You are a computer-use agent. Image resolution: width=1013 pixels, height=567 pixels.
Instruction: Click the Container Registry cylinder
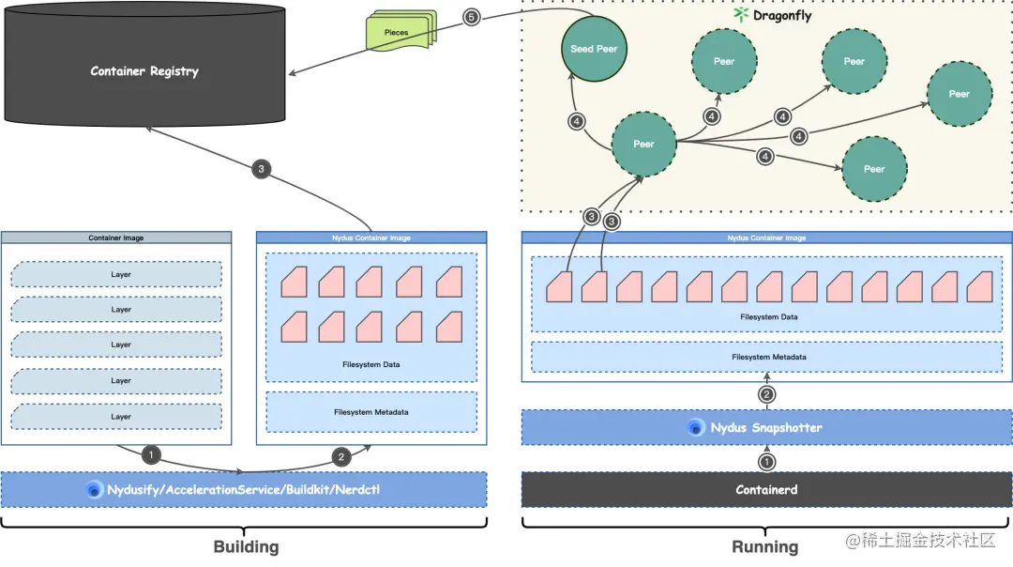(144, 71)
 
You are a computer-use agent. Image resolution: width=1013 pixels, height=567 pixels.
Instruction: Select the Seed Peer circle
(594, 48)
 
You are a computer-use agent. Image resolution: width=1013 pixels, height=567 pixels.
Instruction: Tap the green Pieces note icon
(399, 32)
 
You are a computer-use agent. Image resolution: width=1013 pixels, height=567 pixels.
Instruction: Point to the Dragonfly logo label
(773, 15)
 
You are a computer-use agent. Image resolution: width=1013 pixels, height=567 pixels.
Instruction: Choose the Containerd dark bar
(766, 489)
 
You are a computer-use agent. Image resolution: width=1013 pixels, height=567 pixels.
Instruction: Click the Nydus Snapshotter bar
(766, 427)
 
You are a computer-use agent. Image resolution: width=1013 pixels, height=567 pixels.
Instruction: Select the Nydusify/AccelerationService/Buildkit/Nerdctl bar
(244, 489)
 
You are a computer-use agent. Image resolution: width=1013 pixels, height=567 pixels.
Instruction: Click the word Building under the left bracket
(246, 546)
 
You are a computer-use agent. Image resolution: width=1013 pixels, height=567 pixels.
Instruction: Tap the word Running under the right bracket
(764, 546)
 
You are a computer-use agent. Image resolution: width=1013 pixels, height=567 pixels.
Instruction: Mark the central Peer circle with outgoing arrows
(643, 144)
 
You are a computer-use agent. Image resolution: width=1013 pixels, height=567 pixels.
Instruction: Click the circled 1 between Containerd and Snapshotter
(766, 461)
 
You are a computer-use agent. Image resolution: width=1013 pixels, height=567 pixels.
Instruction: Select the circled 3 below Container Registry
(262, 170)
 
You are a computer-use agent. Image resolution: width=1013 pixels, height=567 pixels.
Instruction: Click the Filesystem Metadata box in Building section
(370, 412)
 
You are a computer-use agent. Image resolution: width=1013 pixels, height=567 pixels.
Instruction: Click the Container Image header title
(116, 238)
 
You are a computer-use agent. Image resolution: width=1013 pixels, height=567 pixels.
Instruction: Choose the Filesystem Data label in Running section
(768, 317)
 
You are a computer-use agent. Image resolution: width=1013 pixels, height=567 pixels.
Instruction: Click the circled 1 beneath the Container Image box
(151, 454)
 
